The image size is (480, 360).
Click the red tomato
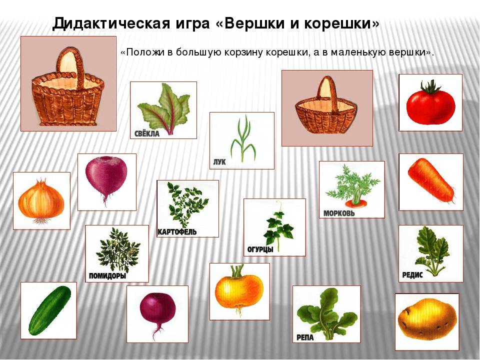[x=430, y=104]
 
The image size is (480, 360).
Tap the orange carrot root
[x=431, y=180]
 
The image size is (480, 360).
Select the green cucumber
[x=49, y=310]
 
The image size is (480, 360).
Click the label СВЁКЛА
[x=147, y=133]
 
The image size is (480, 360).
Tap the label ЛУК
[x=219, y=162]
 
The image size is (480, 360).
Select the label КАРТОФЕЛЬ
[x=177, y=231]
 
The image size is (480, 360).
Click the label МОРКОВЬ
[x=339, y=213]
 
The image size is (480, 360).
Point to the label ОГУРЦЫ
[x=260, y=249]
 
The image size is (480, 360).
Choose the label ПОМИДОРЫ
[x=107, y=276]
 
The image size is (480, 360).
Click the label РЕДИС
[x=412, y=274]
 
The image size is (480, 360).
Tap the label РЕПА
[x=305, y=337]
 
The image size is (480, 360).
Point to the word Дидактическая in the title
[x=111, y=24]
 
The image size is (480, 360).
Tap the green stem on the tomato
[x=430, y=86]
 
